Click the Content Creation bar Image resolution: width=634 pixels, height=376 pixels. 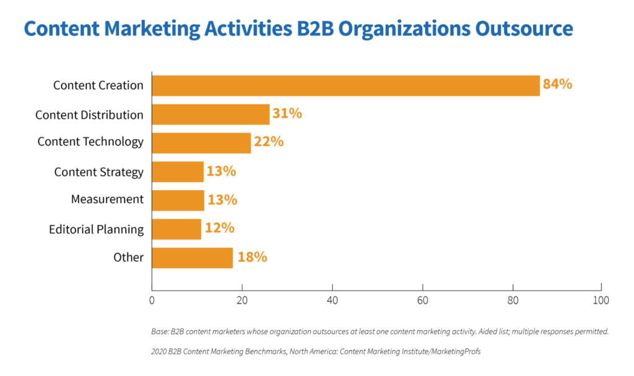pos(345,85)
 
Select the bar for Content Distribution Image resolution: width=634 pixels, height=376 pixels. pos(211,115)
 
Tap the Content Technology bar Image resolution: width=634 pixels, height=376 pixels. pos(201,142)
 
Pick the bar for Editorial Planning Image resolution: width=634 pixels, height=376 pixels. pos(176,229)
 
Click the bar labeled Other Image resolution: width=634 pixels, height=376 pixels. pos(192,258)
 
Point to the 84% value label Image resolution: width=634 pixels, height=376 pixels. pos(557,84)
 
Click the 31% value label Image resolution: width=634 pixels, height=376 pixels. pos(287,113)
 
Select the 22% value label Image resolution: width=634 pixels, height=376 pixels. pos(269,142)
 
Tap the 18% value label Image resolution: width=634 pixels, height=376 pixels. pos(252,257)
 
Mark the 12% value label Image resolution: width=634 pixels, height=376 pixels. pos(219,228)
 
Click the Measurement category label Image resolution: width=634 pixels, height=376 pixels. pos(107,199)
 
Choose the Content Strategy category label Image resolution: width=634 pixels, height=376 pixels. pos(98,172)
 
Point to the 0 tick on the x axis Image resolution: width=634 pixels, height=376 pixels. pos(152,301)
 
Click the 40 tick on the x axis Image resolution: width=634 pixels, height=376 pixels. pos(332,301)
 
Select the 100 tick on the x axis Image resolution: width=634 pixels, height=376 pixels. pos(601,301)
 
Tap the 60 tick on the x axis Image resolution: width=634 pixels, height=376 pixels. pos(422,301)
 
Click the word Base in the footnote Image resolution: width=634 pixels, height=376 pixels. pos(160,331)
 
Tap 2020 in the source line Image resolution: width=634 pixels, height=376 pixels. pos(159,351)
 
